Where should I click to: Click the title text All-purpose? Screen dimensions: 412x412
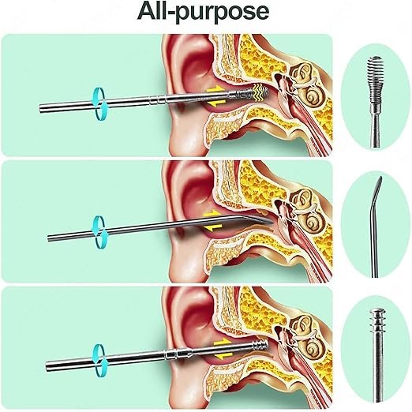[203, 12]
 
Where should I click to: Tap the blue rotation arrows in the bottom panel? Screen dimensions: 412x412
[100, 360]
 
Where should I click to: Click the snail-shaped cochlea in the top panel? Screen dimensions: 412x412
[312, 97]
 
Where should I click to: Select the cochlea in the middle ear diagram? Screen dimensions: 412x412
[312, 224]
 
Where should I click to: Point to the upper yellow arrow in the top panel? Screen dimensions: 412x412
[215, 90]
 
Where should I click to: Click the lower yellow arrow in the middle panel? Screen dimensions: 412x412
[212, 227]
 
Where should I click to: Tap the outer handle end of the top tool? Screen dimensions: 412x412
[41, 109]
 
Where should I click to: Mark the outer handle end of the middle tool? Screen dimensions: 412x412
[49, 238]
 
